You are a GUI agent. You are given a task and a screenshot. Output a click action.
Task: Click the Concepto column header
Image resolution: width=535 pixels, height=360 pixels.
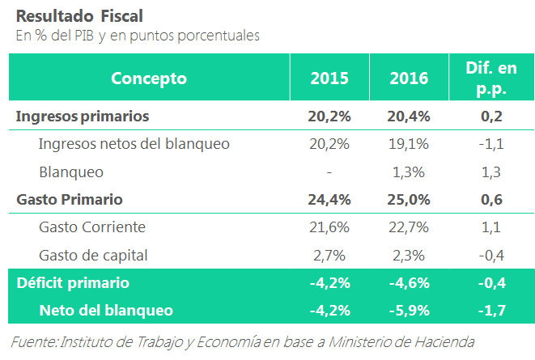(149, 78)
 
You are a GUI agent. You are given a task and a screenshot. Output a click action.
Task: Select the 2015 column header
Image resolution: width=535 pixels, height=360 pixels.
(329, 78)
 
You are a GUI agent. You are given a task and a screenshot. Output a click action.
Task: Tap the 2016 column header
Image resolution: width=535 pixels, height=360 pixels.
(409, 78)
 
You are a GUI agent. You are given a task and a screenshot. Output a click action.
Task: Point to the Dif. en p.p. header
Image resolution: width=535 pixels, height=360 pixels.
(491, 78)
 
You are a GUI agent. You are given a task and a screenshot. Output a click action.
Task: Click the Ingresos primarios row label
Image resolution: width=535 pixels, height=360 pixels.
(83, 116)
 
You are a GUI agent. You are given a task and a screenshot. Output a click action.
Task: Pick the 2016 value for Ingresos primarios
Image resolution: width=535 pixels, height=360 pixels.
(409, 116)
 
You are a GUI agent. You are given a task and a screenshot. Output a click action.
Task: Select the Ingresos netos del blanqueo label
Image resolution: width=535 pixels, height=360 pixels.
(134, 144)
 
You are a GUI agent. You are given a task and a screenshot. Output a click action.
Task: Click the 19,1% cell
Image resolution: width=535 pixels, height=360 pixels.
(409, 144)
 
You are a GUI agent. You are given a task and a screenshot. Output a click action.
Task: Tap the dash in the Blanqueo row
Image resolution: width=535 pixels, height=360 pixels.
(329, 172)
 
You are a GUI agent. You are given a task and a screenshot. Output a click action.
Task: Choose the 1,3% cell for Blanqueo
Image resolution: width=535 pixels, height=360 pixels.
(409, 172)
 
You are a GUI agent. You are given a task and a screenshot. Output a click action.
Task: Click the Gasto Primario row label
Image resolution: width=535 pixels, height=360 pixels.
(69, 200)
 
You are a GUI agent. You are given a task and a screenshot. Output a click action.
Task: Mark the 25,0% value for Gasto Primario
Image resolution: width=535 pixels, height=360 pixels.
(409, 200)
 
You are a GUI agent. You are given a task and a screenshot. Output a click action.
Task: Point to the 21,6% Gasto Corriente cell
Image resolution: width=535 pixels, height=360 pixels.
(329, 227)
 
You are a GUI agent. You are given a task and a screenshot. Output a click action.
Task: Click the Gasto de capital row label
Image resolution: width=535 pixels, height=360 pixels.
(93, 256)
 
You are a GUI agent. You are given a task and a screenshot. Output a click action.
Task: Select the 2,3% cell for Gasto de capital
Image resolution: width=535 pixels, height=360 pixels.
(409, 256)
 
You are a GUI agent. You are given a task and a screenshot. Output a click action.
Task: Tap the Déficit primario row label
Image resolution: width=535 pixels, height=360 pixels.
(73, 283)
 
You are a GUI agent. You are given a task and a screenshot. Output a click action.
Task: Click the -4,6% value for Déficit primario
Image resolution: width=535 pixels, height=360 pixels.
(409, 283)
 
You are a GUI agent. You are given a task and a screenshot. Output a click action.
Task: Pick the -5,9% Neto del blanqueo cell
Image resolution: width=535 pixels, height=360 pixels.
(409, 310)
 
